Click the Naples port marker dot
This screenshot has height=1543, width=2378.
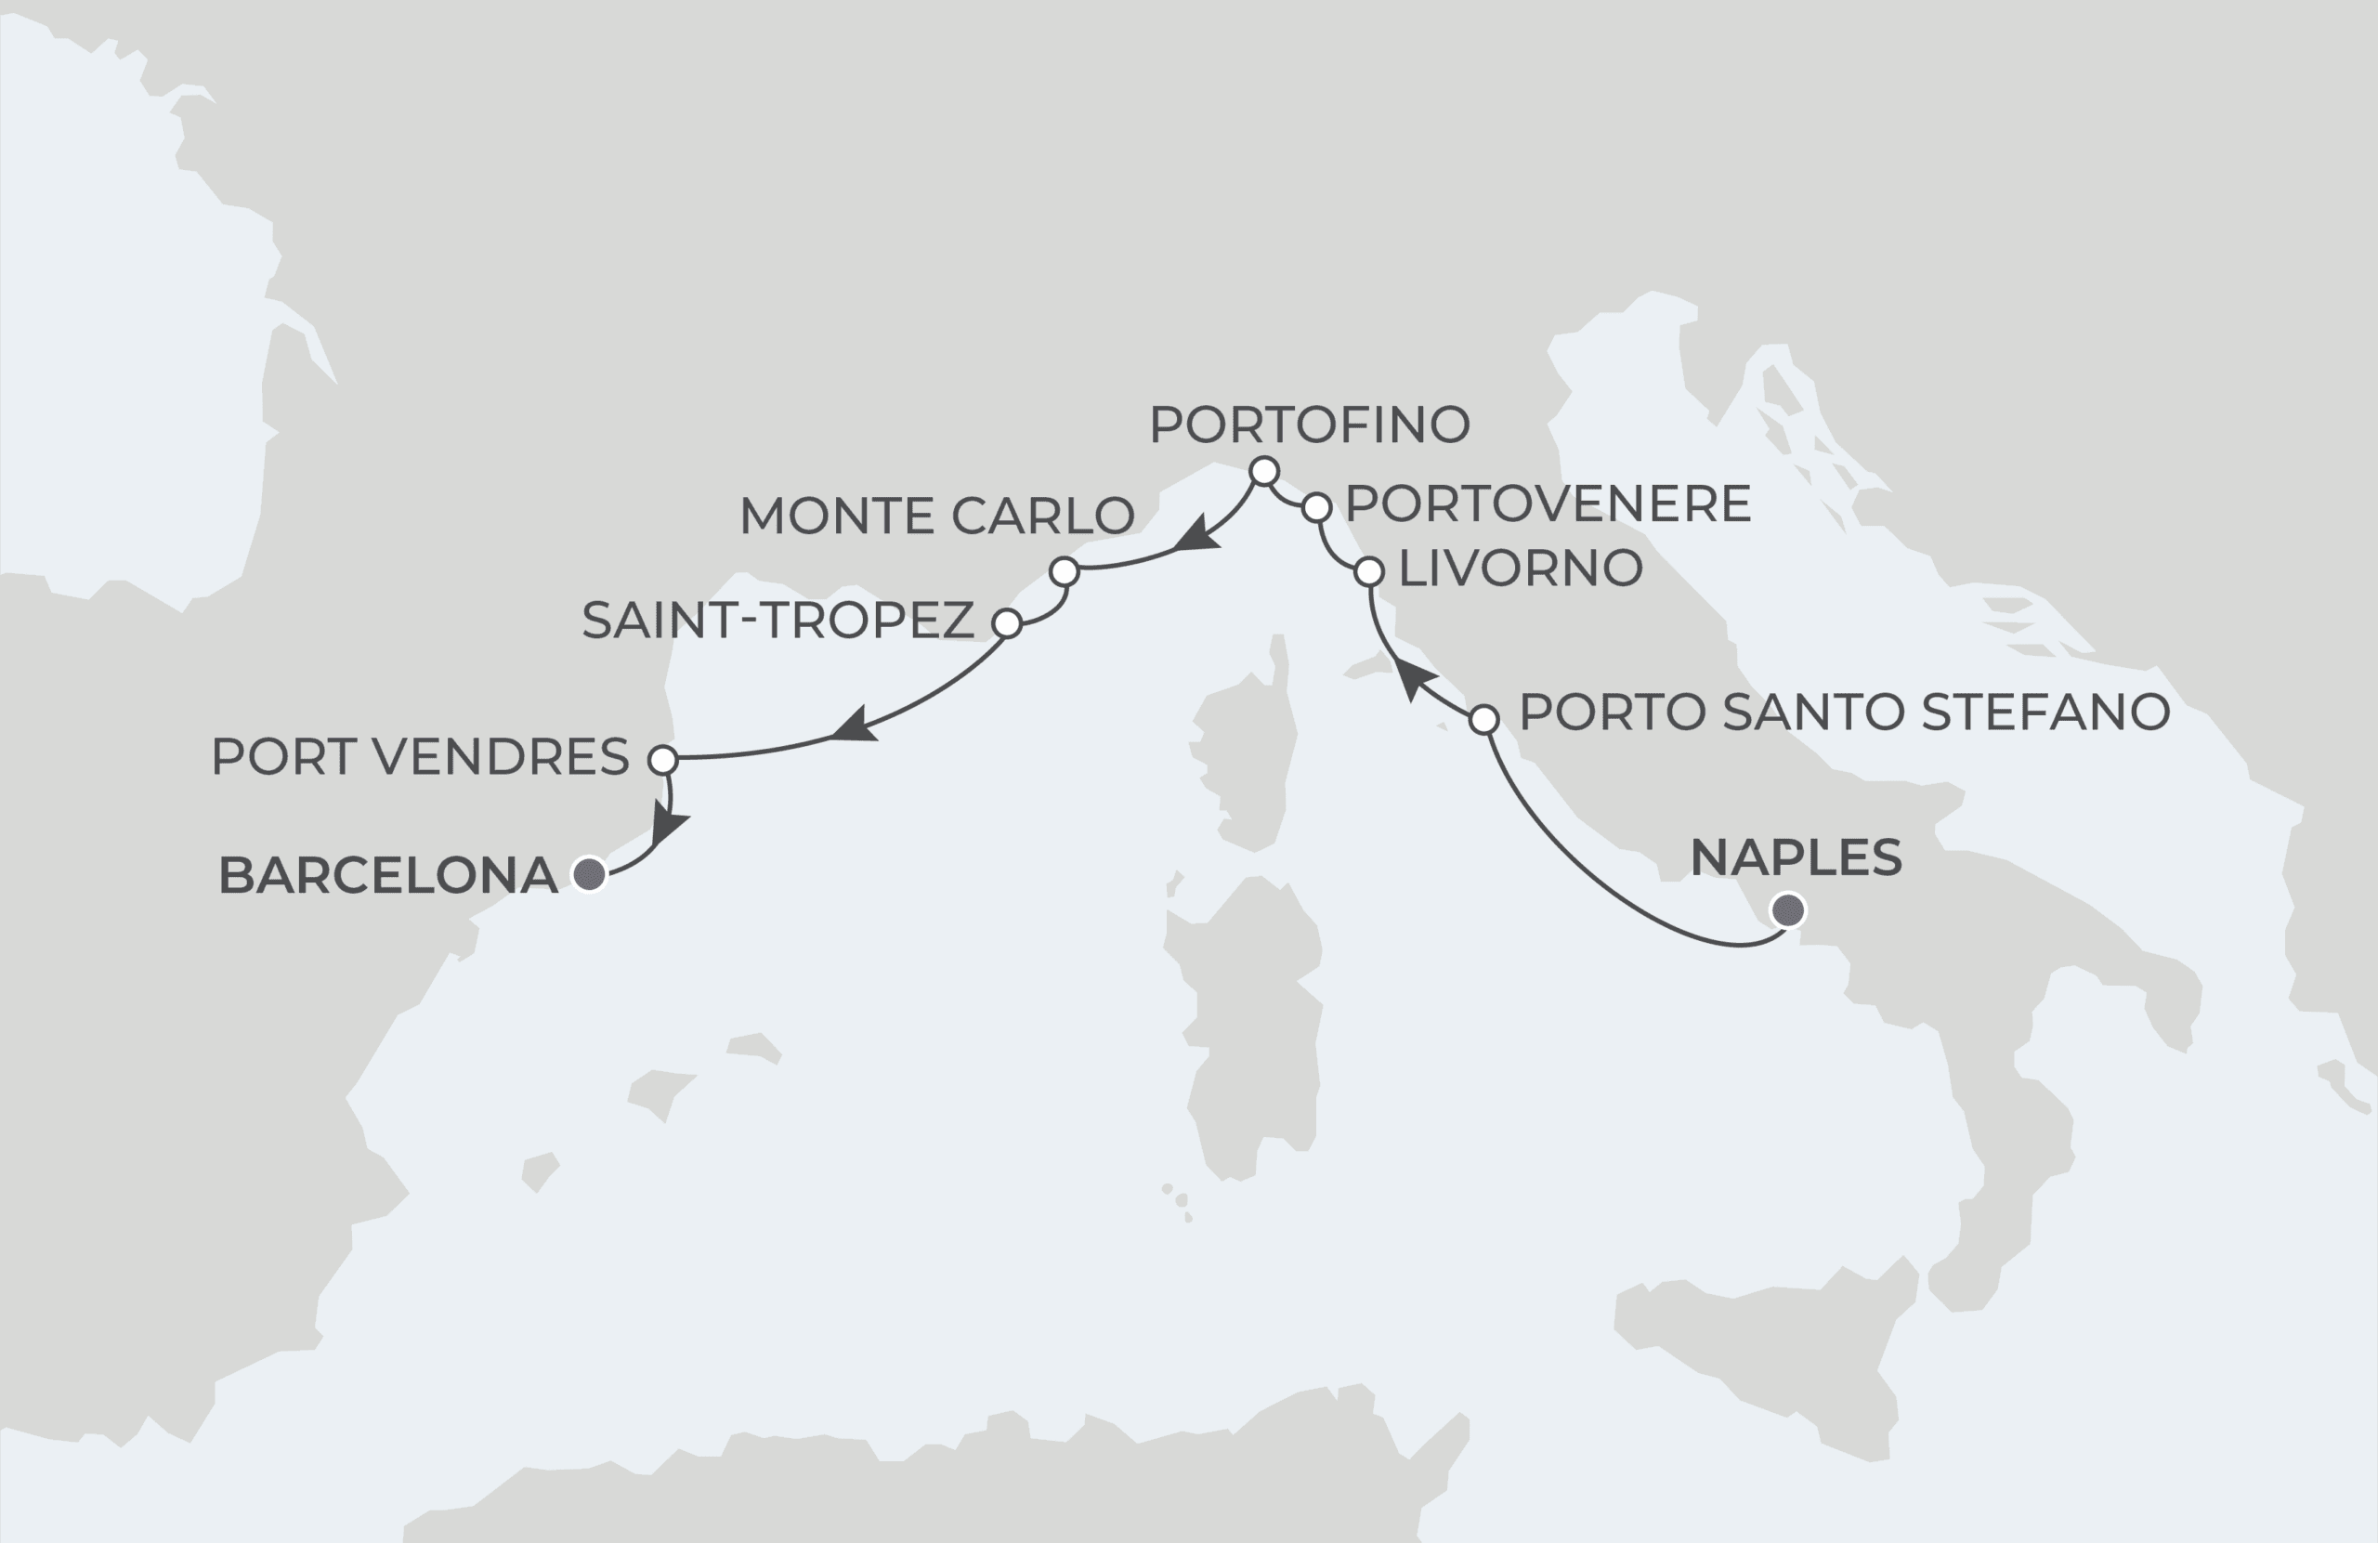(x=1788, y=910)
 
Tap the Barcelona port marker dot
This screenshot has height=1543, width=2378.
(x=590, y=874)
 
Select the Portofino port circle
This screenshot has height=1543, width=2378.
(x=1265, y=471)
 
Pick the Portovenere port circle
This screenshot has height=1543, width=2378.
(x=1317, y=507)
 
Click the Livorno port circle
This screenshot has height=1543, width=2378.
(x=1369, y=571)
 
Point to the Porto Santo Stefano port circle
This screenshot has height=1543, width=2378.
(x=1484, y=718)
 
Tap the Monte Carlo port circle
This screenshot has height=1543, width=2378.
(x=1065, y=571)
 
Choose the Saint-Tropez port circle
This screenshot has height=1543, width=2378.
(x=1007, y=623)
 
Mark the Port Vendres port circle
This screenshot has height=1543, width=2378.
(x=663, y=760)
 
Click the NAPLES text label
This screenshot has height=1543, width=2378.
(x=1796, y=857)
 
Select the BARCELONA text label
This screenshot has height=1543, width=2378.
(x=387, y=875)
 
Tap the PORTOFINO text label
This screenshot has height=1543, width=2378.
(x=1309, y=425)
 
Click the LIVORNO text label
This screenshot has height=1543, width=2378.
(x=1520, y=569)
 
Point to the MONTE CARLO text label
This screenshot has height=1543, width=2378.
(x=936, y=517)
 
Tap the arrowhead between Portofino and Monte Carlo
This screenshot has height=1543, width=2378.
(x=1197, y=536)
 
